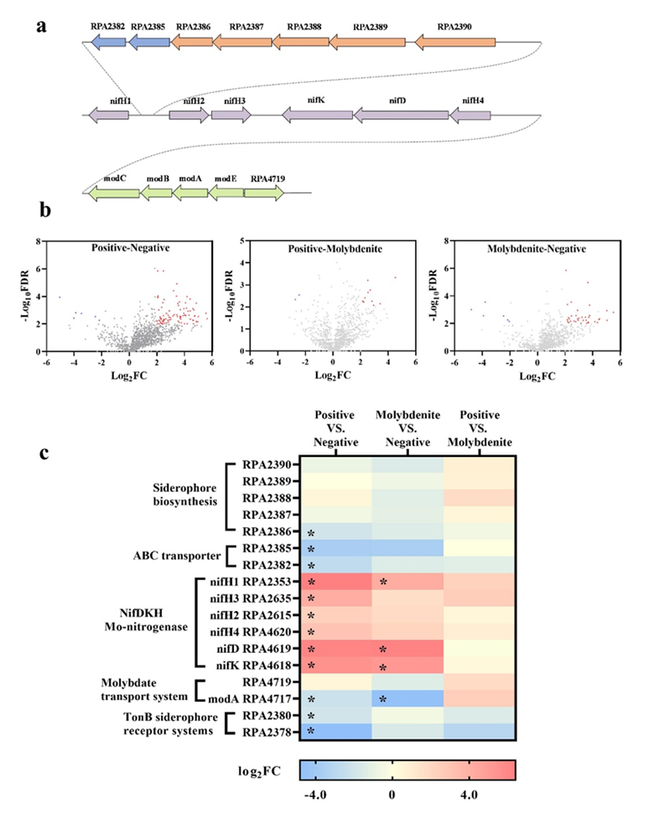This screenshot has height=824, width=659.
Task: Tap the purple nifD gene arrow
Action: click(401, 114)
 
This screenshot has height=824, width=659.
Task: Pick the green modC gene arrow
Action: click(113, 192)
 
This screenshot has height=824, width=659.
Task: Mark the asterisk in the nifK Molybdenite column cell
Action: click(382, 667)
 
